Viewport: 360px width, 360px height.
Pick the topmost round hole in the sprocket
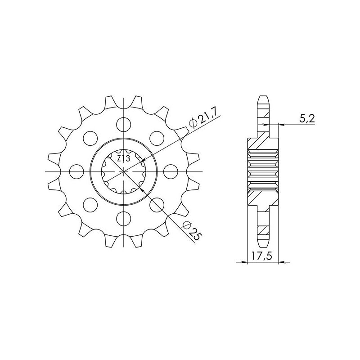[123, 123]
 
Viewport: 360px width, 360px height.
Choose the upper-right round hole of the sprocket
[156, 137]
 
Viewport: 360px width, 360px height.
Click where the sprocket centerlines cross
[123, 171]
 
